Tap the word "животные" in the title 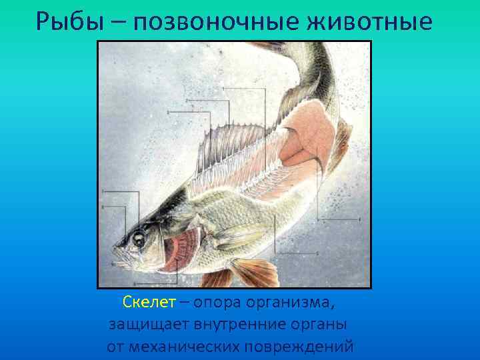click(377, 22)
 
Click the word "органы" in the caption click(323, 325)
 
